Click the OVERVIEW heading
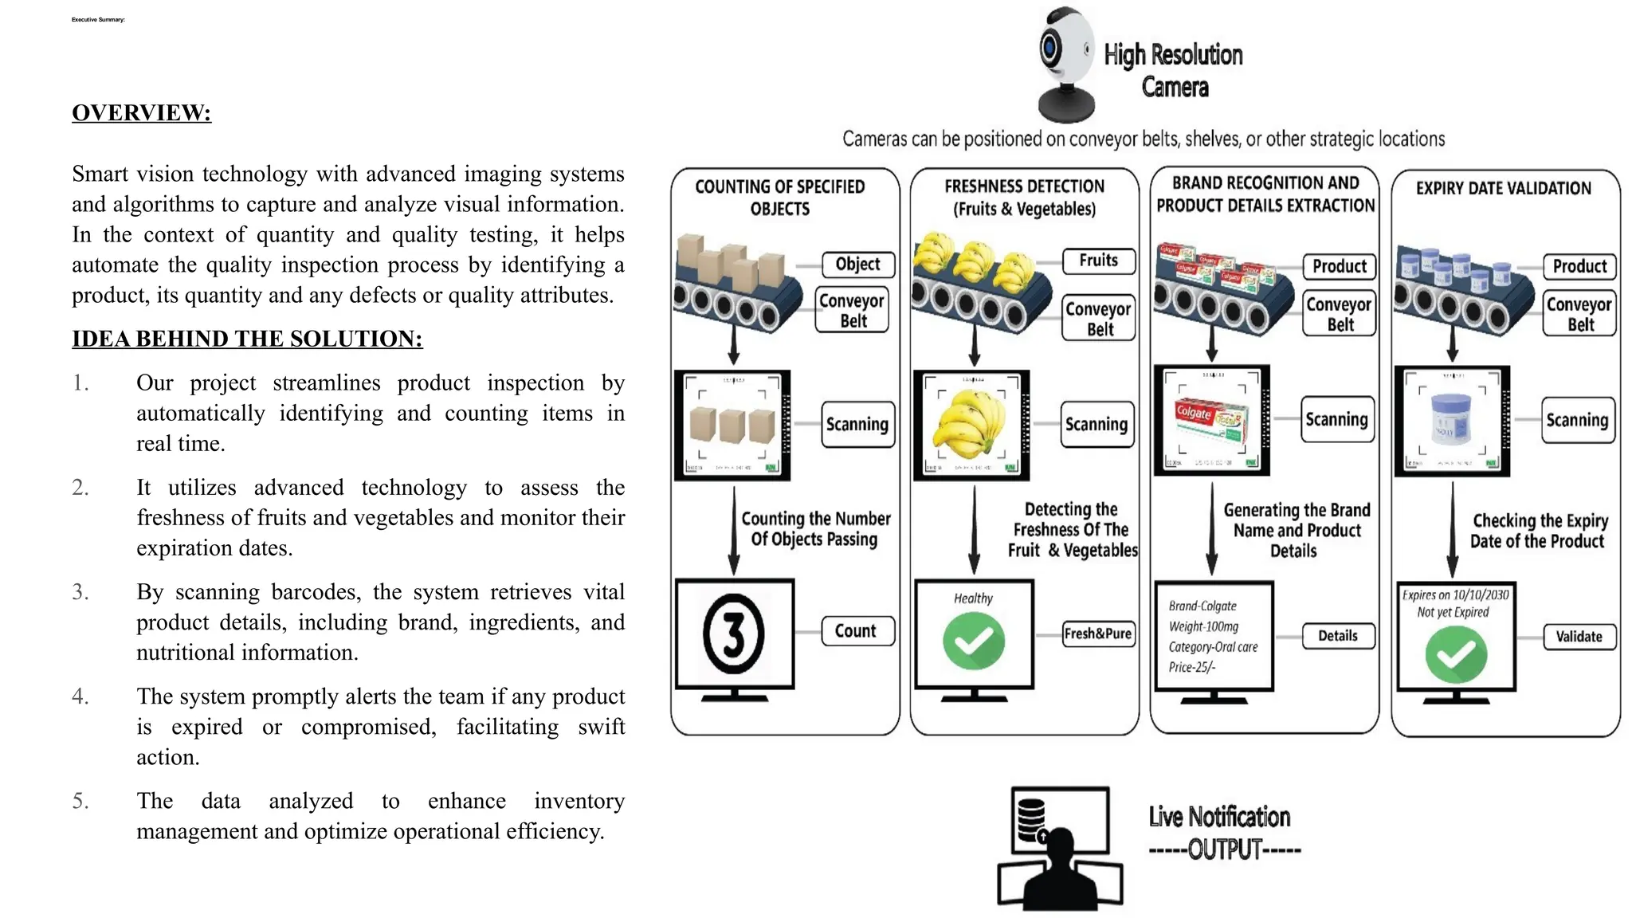click(141, 112)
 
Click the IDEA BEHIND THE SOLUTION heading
click(247, 339)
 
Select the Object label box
click(857, 265)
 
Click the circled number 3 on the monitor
click(734, 634)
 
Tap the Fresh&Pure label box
click(1098, 634)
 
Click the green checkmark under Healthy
click(973, 641)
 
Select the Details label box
click(1338, 636)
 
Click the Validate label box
click(1579, 637)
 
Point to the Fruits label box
click(1098, 261)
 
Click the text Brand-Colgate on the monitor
click(1202, 606)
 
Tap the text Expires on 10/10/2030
click(1455, 595)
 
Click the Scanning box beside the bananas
click(1096, 425)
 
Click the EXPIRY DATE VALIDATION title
click(1503, 189)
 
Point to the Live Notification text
click(1219, 817)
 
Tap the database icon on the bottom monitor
click(1031, 820)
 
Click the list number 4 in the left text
click(80, 696)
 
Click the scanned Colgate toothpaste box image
click(1211, 420)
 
